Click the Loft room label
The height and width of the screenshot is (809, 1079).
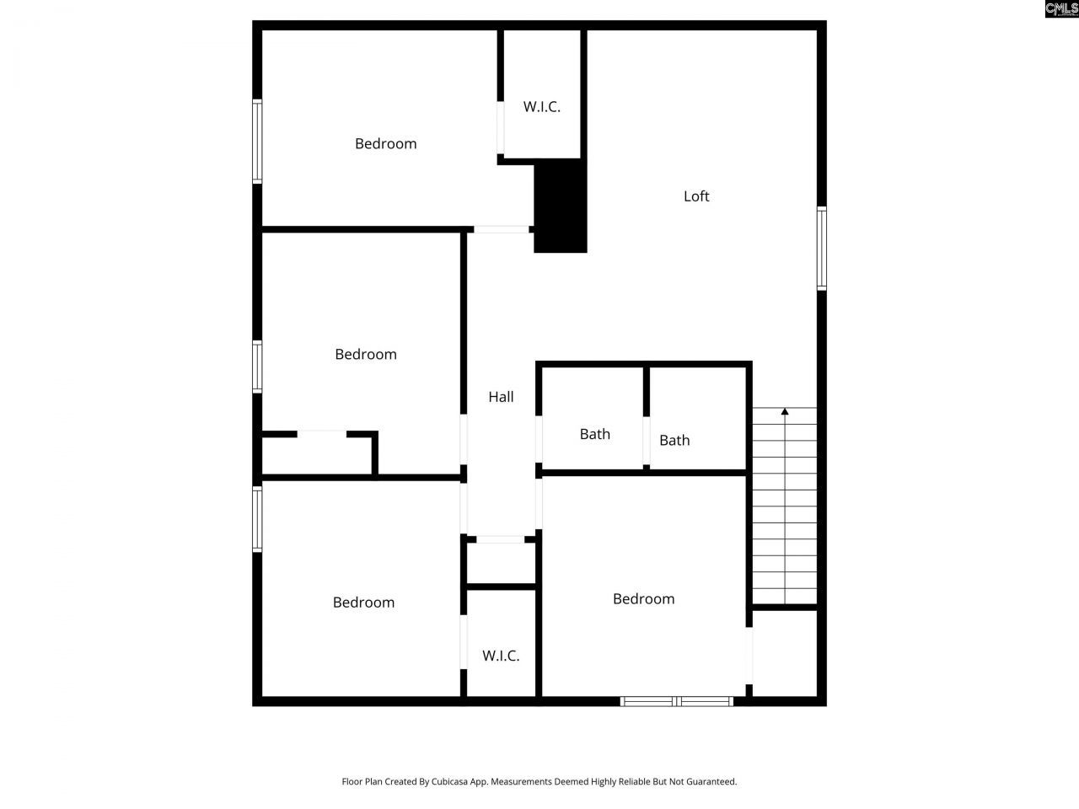click(696, 196)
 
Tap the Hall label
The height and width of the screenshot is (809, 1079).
click(501, 397)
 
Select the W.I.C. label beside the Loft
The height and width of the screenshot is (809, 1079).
click(541, 107)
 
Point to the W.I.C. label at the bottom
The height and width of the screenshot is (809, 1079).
click(501, 656)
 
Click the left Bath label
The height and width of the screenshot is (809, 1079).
click(594, 434)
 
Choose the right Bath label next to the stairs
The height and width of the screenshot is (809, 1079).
click(674, 440)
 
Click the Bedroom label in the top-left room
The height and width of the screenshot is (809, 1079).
click(385, 144)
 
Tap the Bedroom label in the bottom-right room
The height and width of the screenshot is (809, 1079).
click(643, 599)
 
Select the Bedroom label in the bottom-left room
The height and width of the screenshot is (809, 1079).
click(363, 603)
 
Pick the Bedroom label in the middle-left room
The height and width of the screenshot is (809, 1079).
click(365, 355)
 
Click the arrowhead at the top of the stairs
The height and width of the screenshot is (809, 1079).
click(785, 411)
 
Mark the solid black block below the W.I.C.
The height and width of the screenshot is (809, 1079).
click(561, 206)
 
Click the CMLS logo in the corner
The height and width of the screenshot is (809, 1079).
click(1061, 9)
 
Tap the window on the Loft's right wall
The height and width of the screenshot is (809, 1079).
click(821, 249)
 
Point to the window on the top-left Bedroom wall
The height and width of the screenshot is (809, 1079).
click(257, 142)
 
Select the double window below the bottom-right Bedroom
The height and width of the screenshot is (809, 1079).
click(677, 700)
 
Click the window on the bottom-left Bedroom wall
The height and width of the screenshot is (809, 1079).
click(257, 519)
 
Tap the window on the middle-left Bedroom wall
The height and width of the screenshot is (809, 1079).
click(257, 367)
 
